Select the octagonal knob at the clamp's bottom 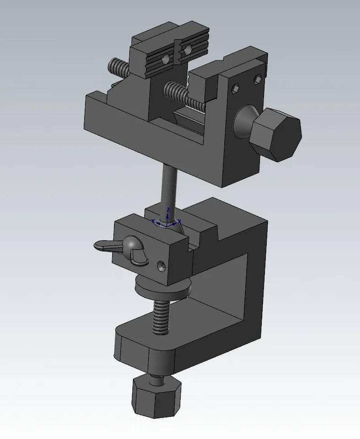(x=156, y=396)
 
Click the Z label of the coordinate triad (x=169, y=209)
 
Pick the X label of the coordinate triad (x=179, y=221)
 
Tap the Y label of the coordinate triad (x=154, y=220)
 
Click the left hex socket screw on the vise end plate (x=235, y=88)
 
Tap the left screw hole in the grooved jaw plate (x=166, y=58)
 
